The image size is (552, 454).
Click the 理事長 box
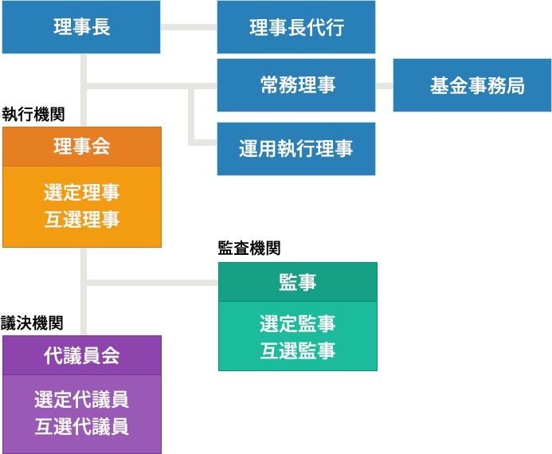pos(81,27)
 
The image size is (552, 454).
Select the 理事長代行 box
pos(296,27)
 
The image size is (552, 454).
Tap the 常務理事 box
pos(296,85)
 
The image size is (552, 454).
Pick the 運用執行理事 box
pos(296,148)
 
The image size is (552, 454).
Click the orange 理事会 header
pos(81,147)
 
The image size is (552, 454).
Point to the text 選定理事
pos(81,192)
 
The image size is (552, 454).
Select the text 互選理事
pos(81,220)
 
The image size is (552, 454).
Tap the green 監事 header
pos(297,282)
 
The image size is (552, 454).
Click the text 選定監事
pos(297,323)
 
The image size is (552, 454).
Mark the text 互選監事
pos(297,350)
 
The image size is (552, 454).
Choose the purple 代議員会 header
pos(81,355)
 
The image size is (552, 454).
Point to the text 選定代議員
pos(81,399)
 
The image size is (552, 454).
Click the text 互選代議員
pos(81,426)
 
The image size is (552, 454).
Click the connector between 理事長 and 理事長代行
pos(189,28)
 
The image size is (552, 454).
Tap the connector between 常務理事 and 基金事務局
pos(384,85)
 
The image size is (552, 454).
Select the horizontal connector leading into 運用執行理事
pos(203,143)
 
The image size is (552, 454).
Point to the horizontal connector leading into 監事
pos(151,281)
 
